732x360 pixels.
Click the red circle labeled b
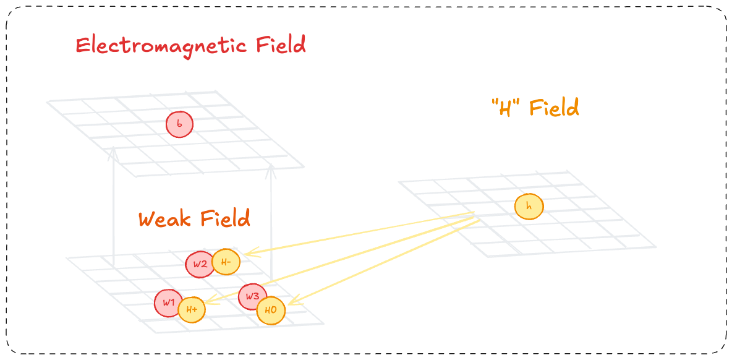[x=179, y=124]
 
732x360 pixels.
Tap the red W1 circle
[x=169, y=303]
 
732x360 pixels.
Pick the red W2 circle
[x=199, y=264]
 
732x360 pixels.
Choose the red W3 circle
[x=252, y=296]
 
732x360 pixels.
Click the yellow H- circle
[x=226, y=262]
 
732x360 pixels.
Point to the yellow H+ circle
[x=192, y=309]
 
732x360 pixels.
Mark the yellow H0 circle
[x=271, y=311]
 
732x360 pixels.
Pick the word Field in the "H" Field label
[x=554, y=108]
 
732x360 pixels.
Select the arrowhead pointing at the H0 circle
[x=289, y=304]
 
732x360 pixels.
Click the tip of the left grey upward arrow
[x=113, y=148]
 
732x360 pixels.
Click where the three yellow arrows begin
[x=475, y=215]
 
